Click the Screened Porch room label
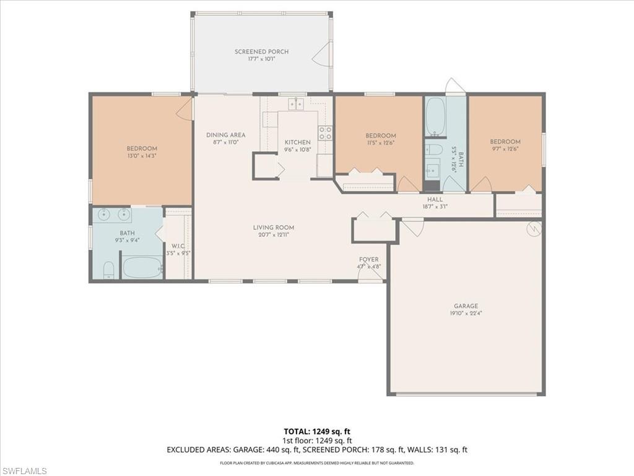click(261, 52)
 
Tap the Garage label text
click(466, 306)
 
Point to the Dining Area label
click(225, 135)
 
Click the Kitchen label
click(297, 143)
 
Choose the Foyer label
click(368, 260)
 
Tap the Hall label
click(435, 200)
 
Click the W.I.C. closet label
click(178, 246)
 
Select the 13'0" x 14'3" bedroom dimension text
click(142, 156)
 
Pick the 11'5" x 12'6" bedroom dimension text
click(380, 143)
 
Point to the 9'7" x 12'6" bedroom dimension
click(505, 149)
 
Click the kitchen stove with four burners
click(325, 133)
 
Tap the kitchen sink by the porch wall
click(296, 104)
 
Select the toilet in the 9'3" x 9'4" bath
click(108, 270)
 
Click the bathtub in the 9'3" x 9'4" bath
click(142, 268)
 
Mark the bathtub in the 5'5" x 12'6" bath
click(435, 117)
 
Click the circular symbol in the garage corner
click(532, 230)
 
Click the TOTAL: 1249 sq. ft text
click(317, 431)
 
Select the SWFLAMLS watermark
click(25, 471)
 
